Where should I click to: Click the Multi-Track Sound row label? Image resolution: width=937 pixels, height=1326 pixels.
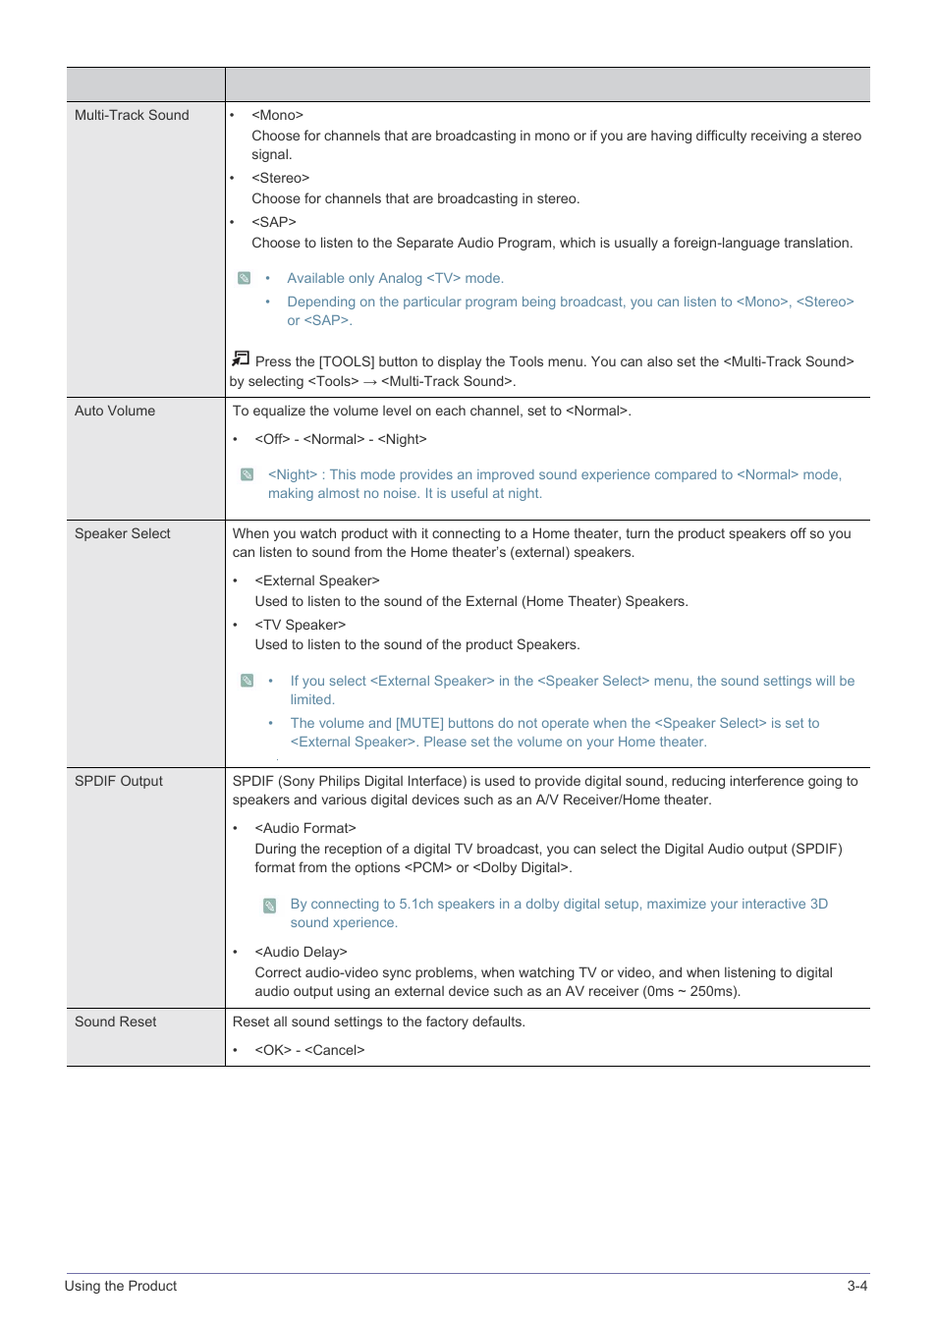tap(132, 115)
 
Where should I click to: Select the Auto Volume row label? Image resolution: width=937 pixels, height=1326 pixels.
tap(115, 411)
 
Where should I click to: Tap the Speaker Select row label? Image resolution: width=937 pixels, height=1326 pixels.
tap(123, 533)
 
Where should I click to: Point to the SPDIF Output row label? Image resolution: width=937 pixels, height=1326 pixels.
tap(119, 781)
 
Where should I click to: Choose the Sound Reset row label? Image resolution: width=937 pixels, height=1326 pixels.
tap(116, 1022)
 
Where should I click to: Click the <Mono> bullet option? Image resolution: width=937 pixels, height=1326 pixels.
tap(277, 115)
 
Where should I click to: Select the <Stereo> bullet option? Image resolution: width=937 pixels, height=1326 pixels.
tap(280, 178)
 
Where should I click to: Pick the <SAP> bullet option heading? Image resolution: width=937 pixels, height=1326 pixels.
tap(273, 222)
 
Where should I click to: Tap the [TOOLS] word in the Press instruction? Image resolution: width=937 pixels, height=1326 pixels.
tap(347, 361)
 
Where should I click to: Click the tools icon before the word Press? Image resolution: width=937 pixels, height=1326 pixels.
tap(241, 359)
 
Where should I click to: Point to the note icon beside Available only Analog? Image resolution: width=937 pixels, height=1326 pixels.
tap(245, 278)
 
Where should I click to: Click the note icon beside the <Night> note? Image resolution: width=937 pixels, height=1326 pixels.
tap(248, 474)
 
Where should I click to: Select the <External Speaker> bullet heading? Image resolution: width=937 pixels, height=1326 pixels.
tap(316, 580)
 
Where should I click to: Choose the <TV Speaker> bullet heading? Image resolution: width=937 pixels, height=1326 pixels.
tap(300, 625)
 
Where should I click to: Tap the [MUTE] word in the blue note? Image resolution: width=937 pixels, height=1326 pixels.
tap(419, 723)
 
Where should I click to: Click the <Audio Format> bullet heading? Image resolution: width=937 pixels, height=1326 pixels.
tap(304, 828)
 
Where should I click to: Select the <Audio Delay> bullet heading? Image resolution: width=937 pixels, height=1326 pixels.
tap(301, 952)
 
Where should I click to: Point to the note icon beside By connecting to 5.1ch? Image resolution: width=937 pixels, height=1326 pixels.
tap(269, 905)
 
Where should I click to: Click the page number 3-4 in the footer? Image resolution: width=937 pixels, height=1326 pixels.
tap(856, 1286)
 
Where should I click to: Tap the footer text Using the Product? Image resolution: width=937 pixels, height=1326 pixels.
tap(121, 1286)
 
